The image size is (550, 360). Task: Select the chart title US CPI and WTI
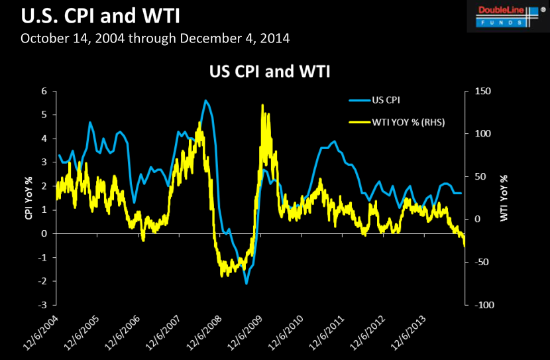(274, 70)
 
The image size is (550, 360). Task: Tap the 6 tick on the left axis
(44, 91)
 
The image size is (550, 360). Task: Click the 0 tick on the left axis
(44, 233)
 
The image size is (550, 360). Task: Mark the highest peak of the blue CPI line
(205, 100)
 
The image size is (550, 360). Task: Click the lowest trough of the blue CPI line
(246, 284)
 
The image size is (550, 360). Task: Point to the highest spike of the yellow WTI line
(262, 105)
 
